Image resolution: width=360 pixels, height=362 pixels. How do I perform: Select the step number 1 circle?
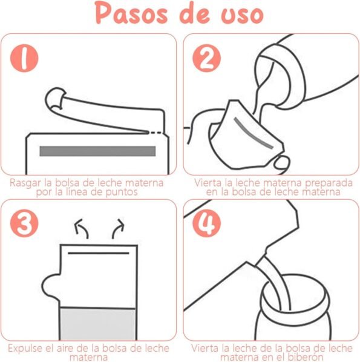pos(24,58)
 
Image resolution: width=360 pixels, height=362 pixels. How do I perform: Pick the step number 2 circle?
pos(206,58)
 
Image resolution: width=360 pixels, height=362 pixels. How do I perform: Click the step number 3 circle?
pos(24,223)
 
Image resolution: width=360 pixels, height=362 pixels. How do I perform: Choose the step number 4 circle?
pos(206,223)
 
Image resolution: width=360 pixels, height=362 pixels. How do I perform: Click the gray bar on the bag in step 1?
pos(97,151)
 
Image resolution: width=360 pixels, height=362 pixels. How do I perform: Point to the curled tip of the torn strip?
pos(55,98)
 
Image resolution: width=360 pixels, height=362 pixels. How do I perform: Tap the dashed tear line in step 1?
pos(156,133)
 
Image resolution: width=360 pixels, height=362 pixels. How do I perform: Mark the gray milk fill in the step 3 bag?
pos(97,324)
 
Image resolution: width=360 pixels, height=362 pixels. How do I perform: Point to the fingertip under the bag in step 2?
pos(281,162)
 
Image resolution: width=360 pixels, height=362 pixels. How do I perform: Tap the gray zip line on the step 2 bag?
pos(254,133)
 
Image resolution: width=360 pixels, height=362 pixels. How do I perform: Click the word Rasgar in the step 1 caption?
pos(26,183)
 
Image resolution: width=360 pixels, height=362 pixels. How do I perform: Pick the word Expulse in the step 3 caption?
pos(25,348)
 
